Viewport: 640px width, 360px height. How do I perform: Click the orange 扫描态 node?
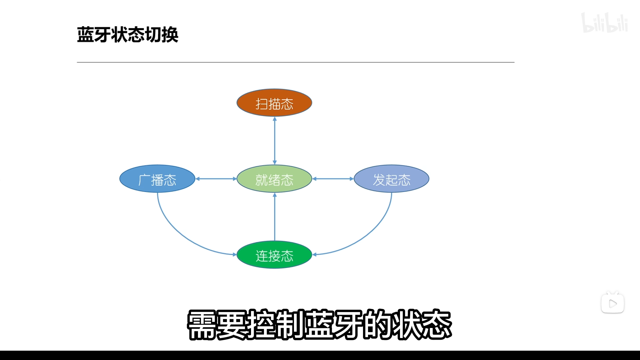274,103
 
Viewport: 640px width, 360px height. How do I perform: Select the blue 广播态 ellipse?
157,179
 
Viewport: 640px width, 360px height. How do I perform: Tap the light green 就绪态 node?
274,179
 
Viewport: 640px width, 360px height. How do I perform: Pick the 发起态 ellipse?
391,179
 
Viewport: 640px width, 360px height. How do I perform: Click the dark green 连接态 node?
274,255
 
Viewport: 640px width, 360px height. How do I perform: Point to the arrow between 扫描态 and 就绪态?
275,140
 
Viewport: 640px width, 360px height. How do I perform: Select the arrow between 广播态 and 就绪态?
216,179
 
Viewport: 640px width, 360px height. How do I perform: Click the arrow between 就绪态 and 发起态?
333,179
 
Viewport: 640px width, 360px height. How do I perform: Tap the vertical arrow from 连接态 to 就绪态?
275,217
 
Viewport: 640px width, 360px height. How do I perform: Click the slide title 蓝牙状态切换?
128,35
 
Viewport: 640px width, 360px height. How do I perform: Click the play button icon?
612,303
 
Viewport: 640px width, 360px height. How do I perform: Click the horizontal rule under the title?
295,62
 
